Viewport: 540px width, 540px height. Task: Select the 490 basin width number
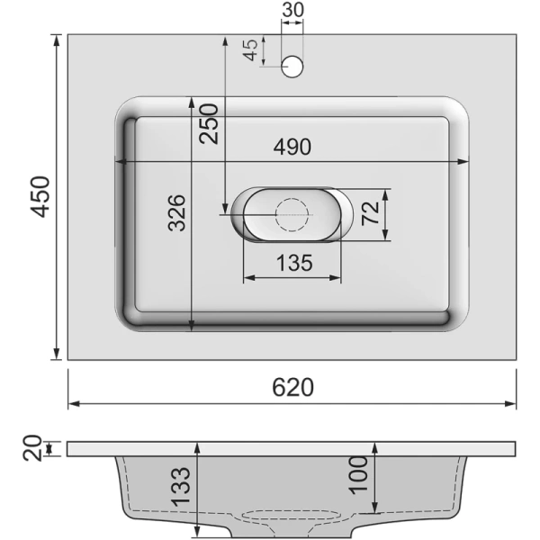point(292,147)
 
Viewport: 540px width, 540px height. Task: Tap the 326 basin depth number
point(177,212)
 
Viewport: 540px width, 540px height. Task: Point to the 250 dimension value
point(209,123)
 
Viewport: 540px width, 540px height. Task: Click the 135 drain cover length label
point(292,263)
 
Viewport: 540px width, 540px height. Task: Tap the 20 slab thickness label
point(31,447)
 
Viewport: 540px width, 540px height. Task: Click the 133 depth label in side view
point(180,486)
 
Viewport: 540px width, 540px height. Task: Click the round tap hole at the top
point(292,67)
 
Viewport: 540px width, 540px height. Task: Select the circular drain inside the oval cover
point(291,214)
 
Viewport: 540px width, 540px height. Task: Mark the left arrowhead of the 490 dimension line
point(120,162)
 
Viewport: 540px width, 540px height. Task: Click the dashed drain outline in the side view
point(292,517)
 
